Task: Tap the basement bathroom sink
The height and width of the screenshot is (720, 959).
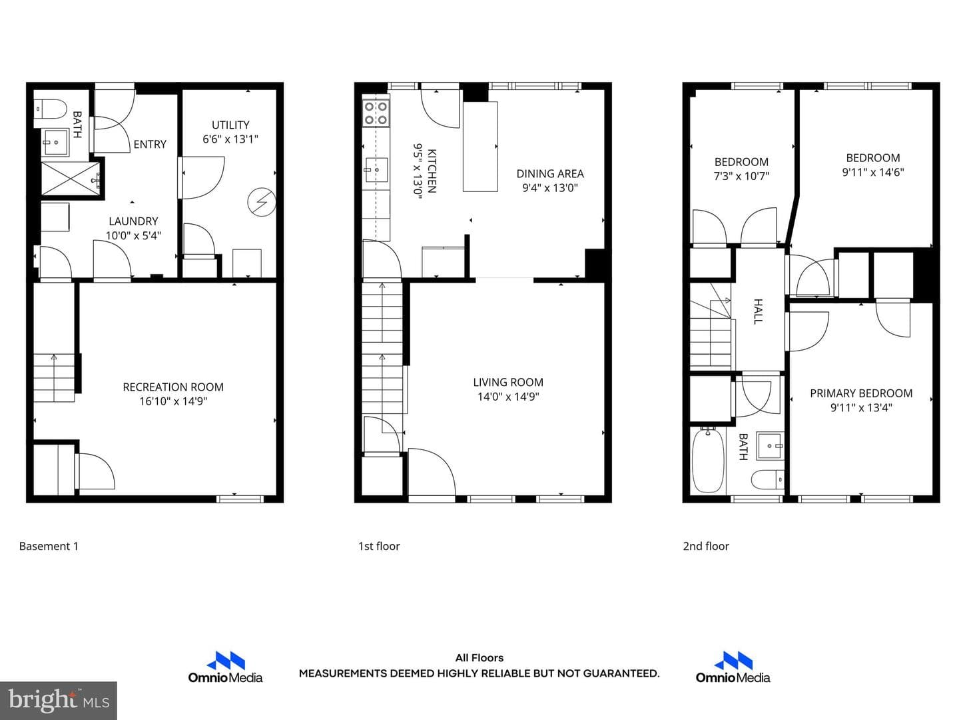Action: click(55, 142)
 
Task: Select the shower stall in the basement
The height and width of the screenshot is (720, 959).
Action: click(71, 179)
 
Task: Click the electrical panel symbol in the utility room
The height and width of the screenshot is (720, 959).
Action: click(262, 202)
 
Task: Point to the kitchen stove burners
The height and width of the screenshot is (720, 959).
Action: click(376, 113)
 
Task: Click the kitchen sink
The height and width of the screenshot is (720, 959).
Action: click(376, 170)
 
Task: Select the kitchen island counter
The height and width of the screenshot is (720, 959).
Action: click(480, 147)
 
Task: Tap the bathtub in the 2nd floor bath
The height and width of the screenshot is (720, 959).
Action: click(708, 461)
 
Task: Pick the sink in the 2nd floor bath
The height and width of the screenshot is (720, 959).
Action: click(770, 446)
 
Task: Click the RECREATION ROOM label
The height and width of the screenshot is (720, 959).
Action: click(173, 387)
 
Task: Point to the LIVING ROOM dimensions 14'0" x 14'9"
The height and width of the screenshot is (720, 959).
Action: click(508, 397)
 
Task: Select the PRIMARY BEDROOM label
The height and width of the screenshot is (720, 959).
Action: click(861, 393)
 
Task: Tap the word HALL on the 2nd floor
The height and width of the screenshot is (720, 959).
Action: click(759, 312)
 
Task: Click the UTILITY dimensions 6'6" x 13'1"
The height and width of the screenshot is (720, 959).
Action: click(230, 139)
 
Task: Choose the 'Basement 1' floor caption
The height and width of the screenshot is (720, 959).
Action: click(49, 546)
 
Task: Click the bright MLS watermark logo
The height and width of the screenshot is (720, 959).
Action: click(59, 700)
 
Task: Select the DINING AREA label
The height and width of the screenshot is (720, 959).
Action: click(550, 173)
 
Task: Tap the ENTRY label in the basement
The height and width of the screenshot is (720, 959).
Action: click(150, 144)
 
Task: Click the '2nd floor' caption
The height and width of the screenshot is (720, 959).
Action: click(706, 546)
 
